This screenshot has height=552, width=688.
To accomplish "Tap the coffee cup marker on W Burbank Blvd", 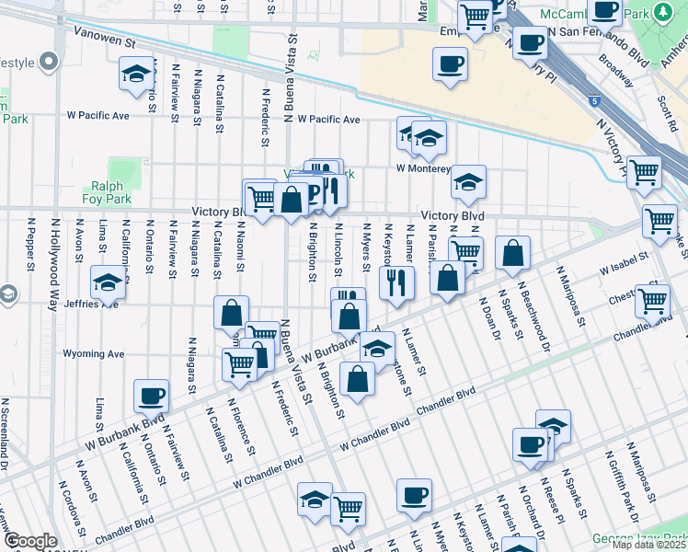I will [151, 396].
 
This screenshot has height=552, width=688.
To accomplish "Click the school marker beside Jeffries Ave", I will [109, 282].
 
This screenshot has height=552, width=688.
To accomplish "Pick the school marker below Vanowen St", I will [136, 74].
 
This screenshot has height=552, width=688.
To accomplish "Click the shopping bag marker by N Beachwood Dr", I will [512, 253].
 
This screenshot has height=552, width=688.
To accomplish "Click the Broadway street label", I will [615, 69].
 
